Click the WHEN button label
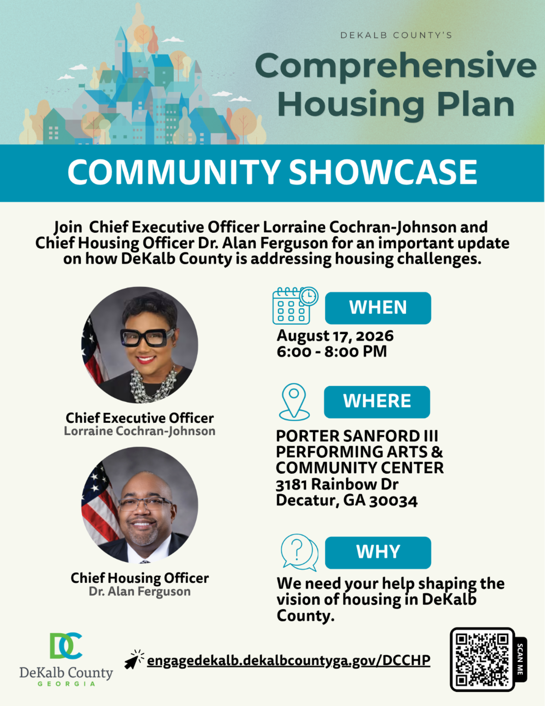click(378, 308)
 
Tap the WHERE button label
click(377, 401)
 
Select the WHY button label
click(378, 552)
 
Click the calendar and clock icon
click(295, 305)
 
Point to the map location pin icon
click(294, 402)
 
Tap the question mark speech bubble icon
click(299, 552)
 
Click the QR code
click(482, 660)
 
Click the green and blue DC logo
click(66, 646)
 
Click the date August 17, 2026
click(335, 335)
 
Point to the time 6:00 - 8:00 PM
click(332, 351)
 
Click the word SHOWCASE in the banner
click(383, 172)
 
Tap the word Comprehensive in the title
click(396, 66)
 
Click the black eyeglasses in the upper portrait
click(148, 337)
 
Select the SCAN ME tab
click(520, 660)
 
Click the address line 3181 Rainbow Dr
click(337, 485)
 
